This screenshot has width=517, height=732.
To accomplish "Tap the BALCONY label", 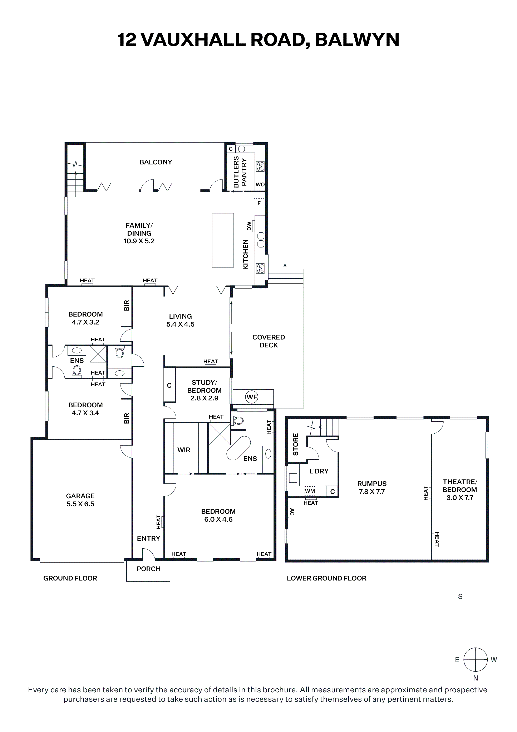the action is [156, 162].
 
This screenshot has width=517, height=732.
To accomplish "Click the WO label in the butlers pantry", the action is [260, 185].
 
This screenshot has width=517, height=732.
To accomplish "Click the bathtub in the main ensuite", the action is [238, 448].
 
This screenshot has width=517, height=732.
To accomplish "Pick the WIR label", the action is [184, 450].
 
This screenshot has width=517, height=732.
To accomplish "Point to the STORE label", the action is [296, 444].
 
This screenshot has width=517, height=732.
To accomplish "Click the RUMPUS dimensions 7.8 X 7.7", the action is [372, 492].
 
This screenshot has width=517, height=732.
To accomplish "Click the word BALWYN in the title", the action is [357, 40].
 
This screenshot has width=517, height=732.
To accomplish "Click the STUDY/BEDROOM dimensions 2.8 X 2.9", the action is [204, 398].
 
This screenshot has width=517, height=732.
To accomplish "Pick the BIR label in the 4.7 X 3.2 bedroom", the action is [127, 306].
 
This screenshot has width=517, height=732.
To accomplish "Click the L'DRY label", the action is [319, 471].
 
